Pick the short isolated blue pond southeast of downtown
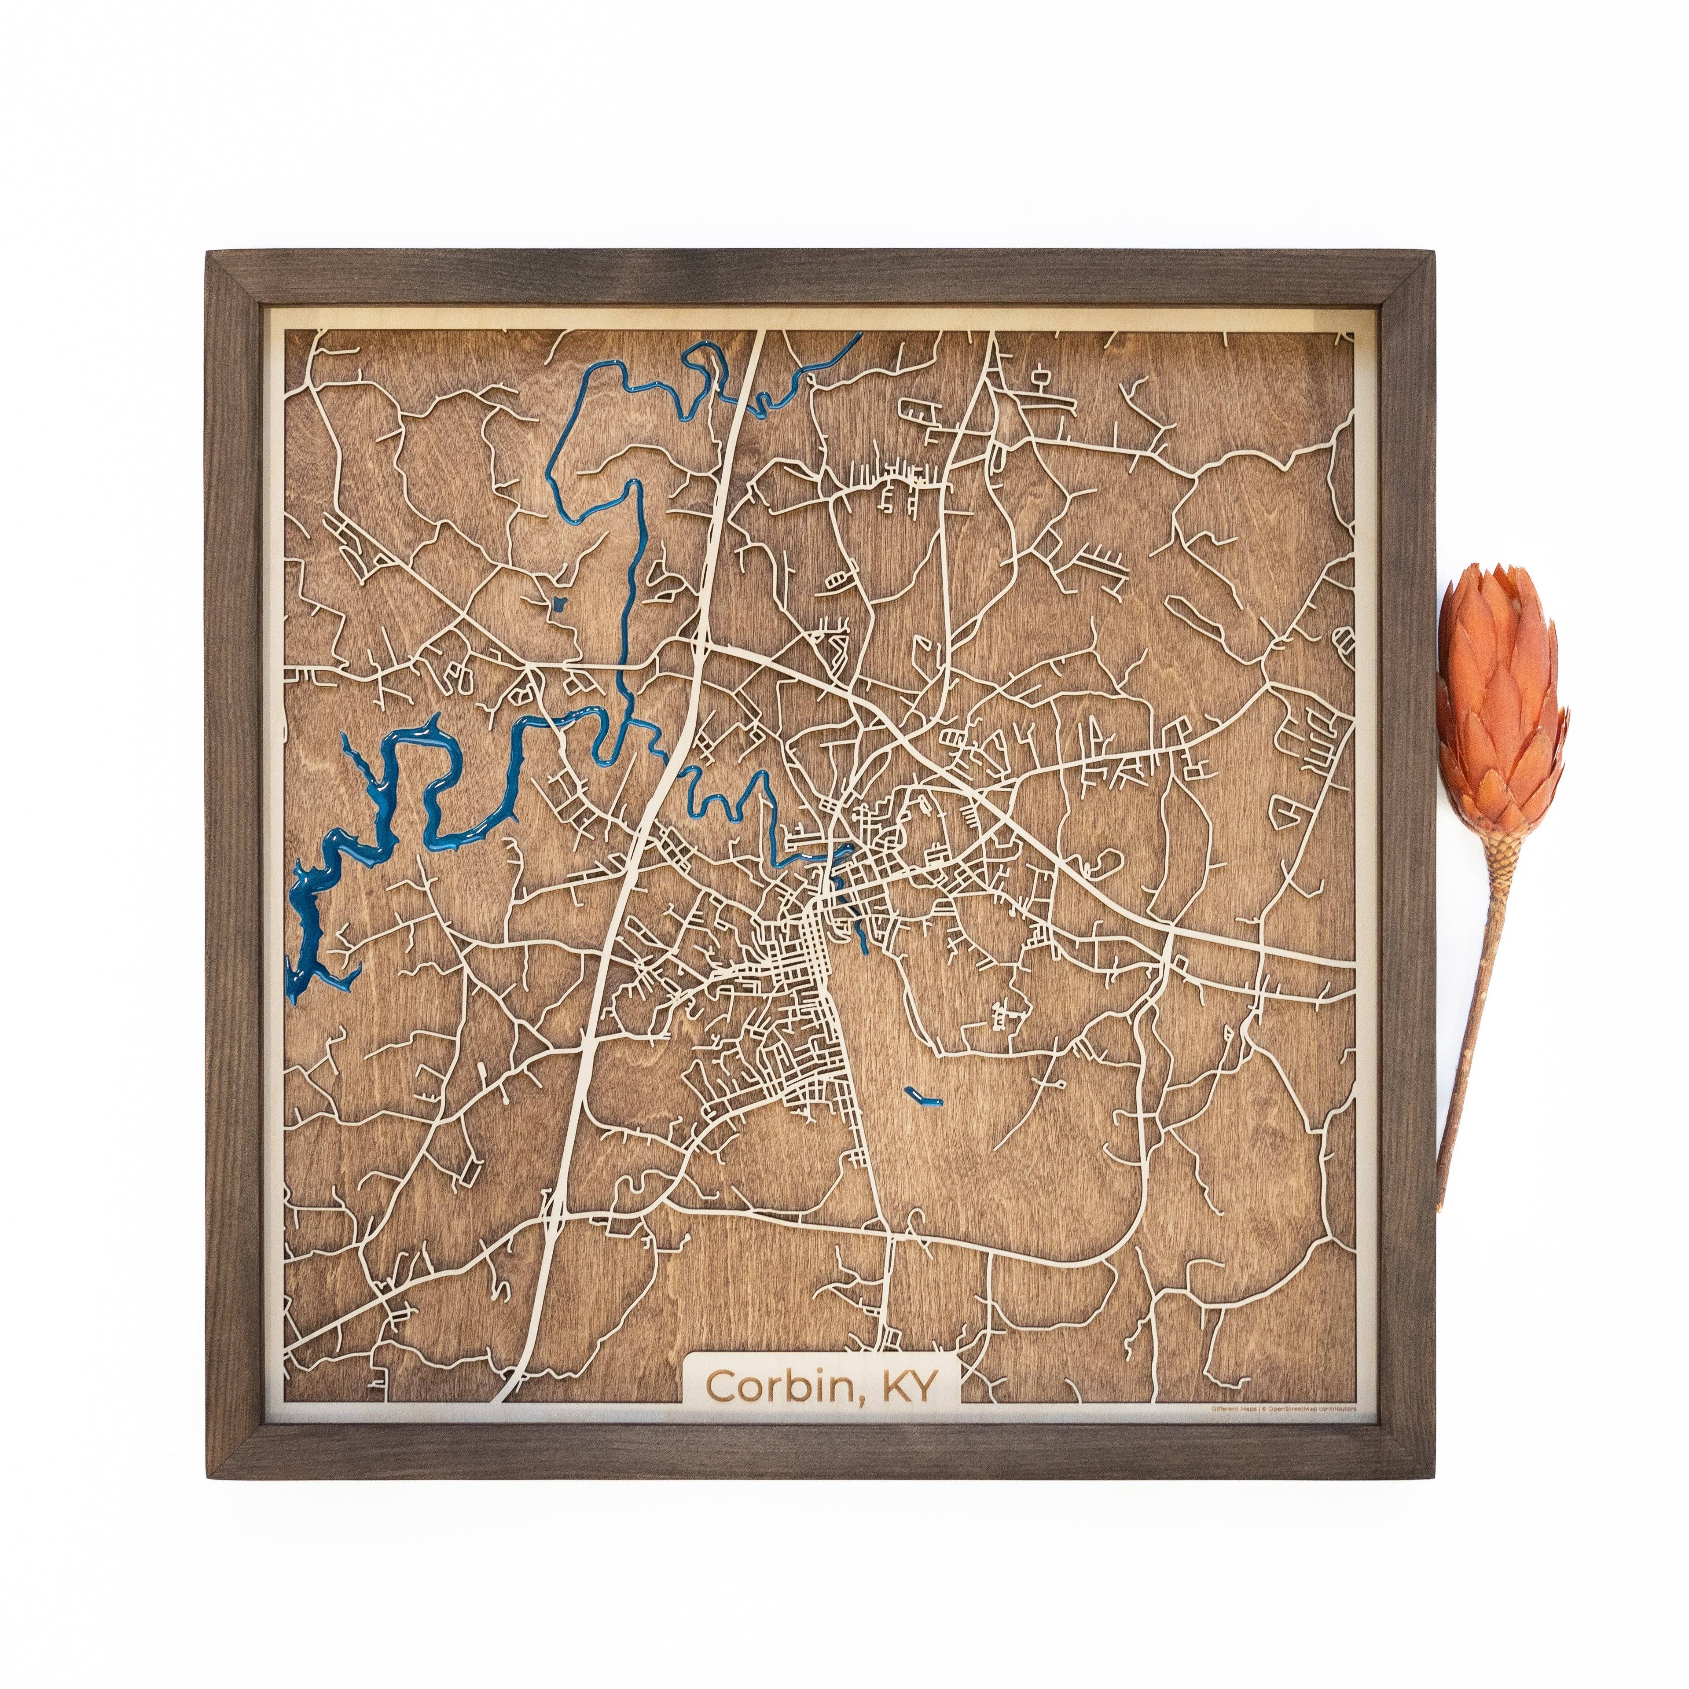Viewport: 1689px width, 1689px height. click(923, 1094)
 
